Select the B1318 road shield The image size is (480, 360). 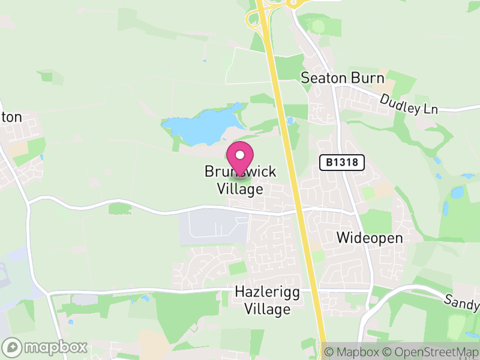pos(342,163)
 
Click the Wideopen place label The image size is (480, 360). pos(369,238)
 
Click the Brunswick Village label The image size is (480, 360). pos(240,180)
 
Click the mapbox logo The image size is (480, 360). pos(46,347)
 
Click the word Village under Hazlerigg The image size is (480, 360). pos(267,310)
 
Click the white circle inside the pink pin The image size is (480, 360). pos(240,155)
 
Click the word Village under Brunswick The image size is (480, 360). pos(240,189)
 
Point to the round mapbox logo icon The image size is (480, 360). pos(12,347)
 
